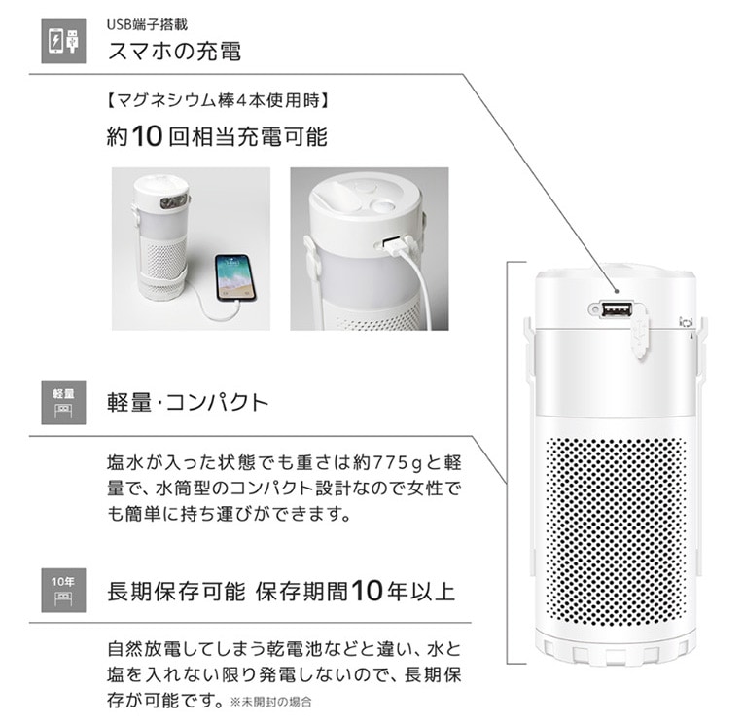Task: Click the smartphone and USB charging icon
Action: click(x=63, y=41)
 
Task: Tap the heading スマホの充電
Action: click(x=175, y=52)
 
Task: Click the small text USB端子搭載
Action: click(x=147, y=24)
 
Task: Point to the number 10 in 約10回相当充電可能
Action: click(x=148, y=136)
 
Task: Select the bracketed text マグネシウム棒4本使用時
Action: click(x=217, y=101)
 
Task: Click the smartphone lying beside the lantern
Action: click(x=235, y=277)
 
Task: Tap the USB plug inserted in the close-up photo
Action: click(x=398, y=245)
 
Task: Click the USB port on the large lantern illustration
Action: click(x=617, y=310)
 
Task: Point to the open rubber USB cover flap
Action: click(x=641, y=334)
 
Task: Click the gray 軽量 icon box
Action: click(x=63, y=402)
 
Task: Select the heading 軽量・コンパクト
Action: click(x=188, y=403)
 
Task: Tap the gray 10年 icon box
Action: click(x=63, y=590)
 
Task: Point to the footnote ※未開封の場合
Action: click(x=271, y=702)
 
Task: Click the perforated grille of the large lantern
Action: click(x=617, y=531)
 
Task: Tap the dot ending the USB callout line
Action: click(x=617, y=290)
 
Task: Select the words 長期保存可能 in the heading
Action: click(x=176, y=592)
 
